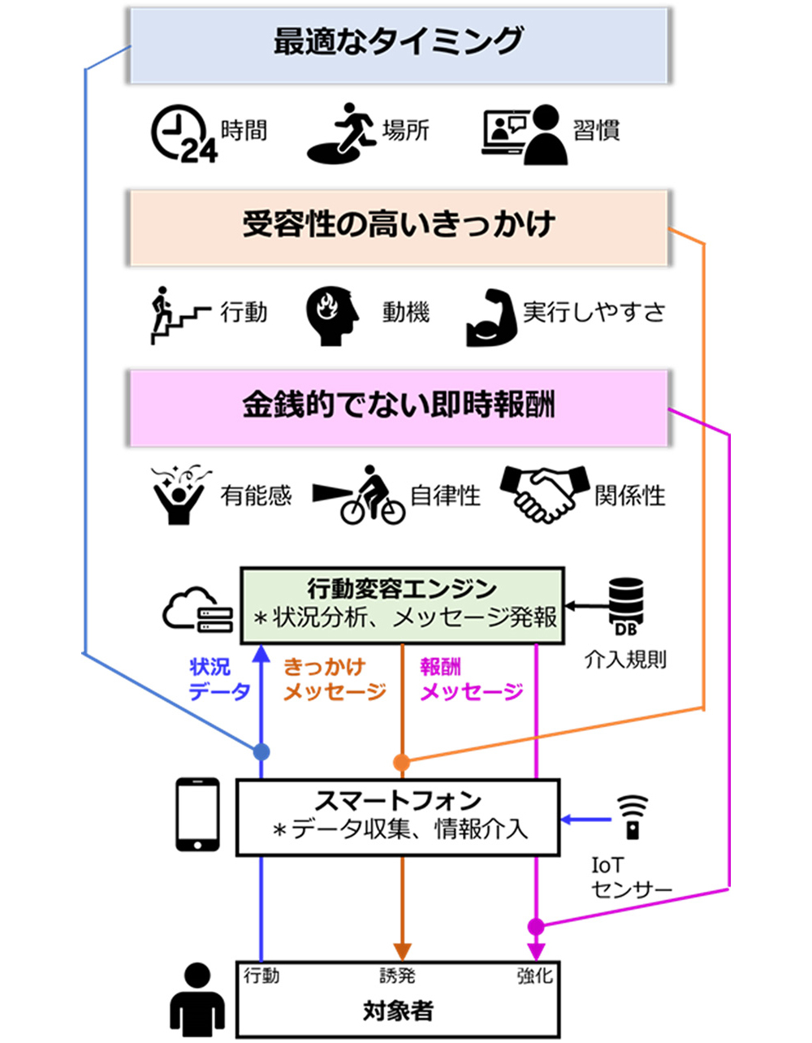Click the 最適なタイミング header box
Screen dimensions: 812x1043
click(399, 46)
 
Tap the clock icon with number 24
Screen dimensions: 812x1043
click(184, 133)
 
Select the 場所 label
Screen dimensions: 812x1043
click(405, 131)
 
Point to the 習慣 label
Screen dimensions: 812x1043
click(596, 131)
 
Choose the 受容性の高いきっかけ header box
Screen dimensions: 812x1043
click(399, 228)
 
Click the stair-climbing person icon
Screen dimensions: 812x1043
click(180, 315)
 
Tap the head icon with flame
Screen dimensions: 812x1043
click(332, 316)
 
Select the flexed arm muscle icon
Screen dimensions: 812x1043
click(492, 318)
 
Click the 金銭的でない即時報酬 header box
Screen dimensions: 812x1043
click(399, 408)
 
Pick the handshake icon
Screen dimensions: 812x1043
click(545, 493)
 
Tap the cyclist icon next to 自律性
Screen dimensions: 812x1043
click(359, 495)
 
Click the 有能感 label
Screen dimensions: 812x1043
click(256, 496)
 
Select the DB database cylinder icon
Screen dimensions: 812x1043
click(625, 606)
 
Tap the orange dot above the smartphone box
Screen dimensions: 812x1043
click(401, 762)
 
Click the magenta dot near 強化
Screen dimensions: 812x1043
click(536, 926)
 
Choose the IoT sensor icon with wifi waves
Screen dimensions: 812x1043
click(632, 817)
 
